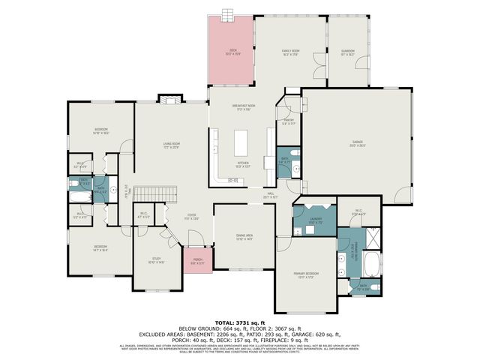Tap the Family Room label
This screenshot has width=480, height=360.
[290, 52]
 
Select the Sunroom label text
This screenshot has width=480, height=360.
[347, 52]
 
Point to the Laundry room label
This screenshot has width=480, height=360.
[314, 220]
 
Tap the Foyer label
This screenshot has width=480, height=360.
[192, 217]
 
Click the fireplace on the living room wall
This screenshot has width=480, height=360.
[170, 99]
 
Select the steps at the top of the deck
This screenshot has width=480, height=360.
[228, 15]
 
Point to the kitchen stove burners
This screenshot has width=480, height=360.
[215, 140]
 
